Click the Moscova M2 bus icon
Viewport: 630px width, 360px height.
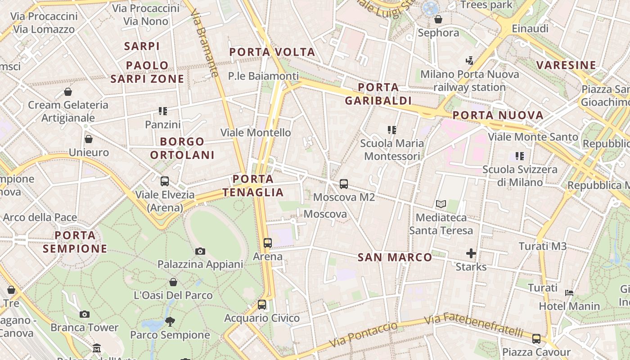tap(344, 184)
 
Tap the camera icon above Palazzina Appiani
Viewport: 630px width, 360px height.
tap(200, 251)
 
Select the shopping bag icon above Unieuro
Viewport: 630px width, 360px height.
tap(89, 139)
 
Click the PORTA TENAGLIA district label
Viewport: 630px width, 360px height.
tap(253, 186)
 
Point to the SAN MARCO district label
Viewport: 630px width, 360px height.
tap(395, 257)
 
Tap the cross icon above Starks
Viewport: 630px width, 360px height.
tap(471, 254)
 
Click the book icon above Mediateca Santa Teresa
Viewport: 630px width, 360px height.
tap(441, 204)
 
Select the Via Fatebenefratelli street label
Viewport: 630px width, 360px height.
tap(473, 324)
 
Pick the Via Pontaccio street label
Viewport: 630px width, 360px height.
tap(364, 334)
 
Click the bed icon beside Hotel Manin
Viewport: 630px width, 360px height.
tap(569, 293)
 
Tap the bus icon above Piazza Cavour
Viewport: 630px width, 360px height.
tap(536, 339)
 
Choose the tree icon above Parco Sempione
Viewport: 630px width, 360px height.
tap(170, 321)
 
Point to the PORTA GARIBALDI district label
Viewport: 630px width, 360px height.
tap(378, 94)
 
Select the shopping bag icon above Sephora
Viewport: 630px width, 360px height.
tap(438, 19)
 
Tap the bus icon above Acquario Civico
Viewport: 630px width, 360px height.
tap(262, 305)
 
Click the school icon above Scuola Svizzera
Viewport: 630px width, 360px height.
tap(520, 156)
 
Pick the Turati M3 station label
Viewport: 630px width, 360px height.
tap(542, 246)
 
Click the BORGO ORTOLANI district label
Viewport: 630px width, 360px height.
tap(182, 148)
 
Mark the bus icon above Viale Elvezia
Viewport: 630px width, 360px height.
tap(165, 181)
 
